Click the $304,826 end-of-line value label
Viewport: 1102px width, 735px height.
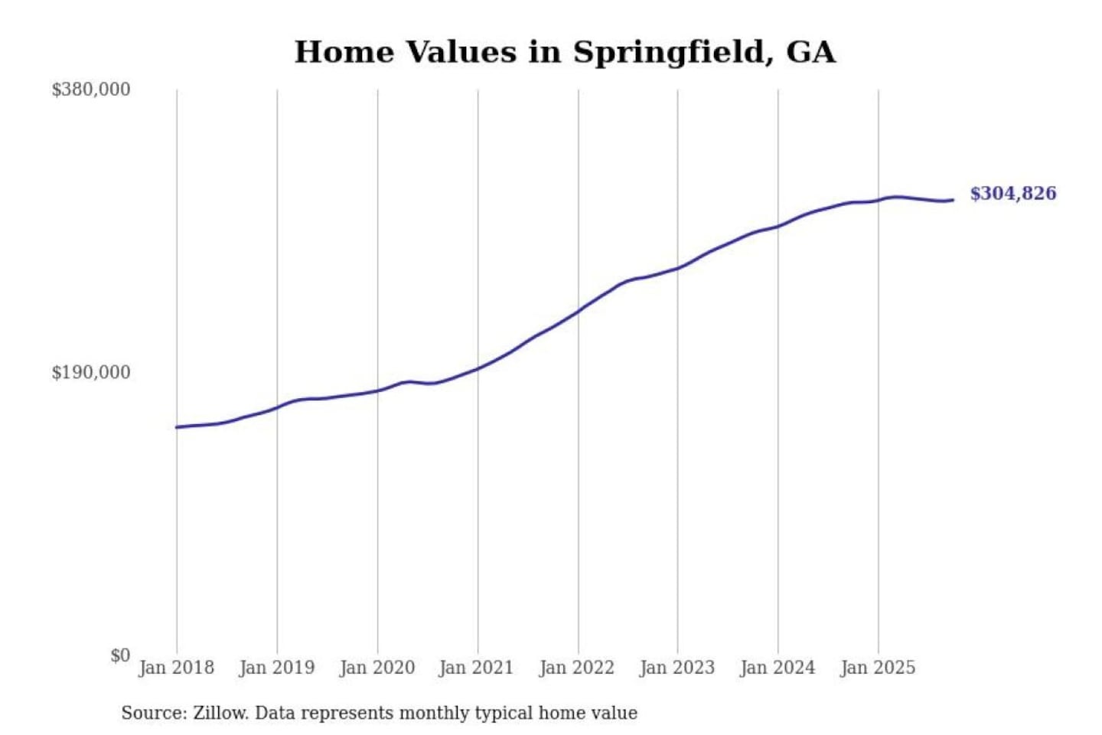[x=1012, y=194]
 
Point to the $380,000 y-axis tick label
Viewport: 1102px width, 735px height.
[x=91, y=90]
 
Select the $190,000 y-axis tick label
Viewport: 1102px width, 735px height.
[x=91, y=373]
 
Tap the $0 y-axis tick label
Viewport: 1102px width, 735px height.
[x=120, y=655]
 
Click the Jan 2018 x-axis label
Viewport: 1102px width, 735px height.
[x=176, y=668]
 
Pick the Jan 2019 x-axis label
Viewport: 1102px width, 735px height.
[x=276, y=668]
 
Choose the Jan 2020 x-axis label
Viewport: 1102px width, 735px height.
[x=377, y=668]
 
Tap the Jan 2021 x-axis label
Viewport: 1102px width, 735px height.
[x=476, y=668]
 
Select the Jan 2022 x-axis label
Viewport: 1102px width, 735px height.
[x=576, y=668]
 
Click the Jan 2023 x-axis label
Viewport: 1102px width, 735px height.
[x=677, y=668]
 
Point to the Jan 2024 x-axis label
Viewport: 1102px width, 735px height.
[x=777, y=668]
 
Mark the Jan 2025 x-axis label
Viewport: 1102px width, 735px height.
[x=877, y=668]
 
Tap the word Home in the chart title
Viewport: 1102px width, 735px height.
[x=344, y=52]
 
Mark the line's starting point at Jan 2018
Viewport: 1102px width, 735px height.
[x=177, y=427]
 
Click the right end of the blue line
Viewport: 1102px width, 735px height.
[x=953, y=200]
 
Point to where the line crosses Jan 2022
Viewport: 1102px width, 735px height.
[x=579, y=312]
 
